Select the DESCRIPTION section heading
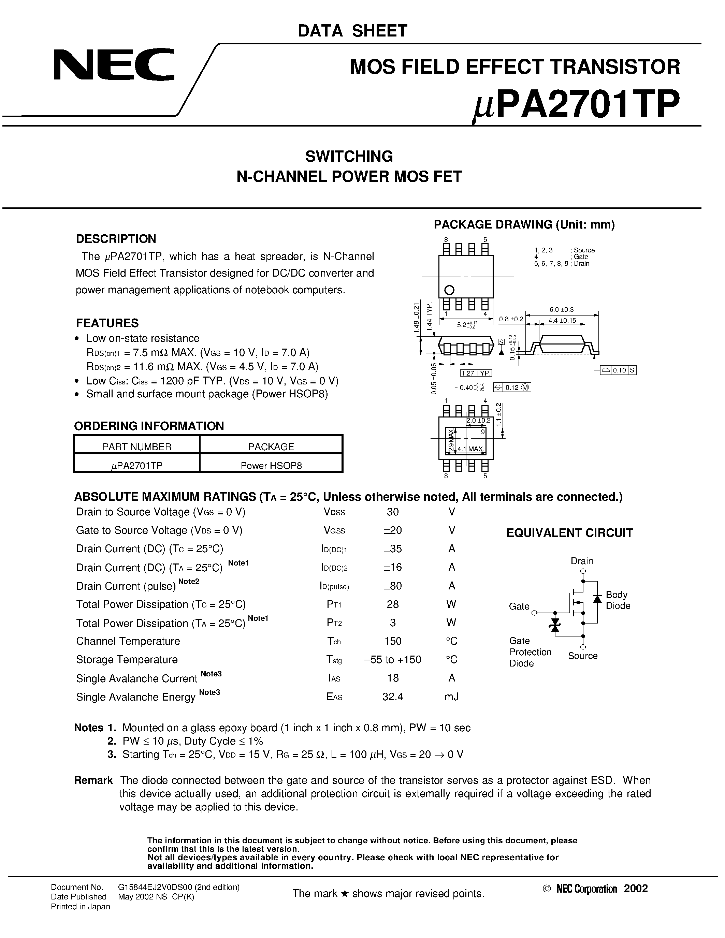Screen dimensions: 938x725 click(116, 239)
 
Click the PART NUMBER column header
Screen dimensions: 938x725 click(136, 447)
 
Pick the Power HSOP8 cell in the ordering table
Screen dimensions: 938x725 click(271, 466)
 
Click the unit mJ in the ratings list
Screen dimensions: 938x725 click(451, 697)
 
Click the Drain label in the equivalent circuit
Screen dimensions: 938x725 click(582, 561)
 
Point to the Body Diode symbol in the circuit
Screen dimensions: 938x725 click(597, 599)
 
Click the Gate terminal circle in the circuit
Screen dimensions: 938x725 click(534, 613)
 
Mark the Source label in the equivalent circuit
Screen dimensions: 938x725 click(582, 656)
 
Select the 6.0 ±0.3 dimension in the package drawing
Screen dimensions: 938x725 click(561, 309)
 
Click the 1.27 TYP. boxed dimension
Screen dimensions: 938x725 click(476, 373)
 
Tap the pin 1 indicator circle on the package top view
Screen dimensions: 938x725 click(450, 290)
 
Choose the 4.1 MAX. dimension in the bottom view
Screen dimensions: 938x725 click(471, 449)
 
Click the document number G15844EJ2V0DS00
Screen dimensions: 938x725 click(179, 887)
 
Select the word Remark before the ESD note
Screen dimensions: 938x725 click(93, 780)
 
